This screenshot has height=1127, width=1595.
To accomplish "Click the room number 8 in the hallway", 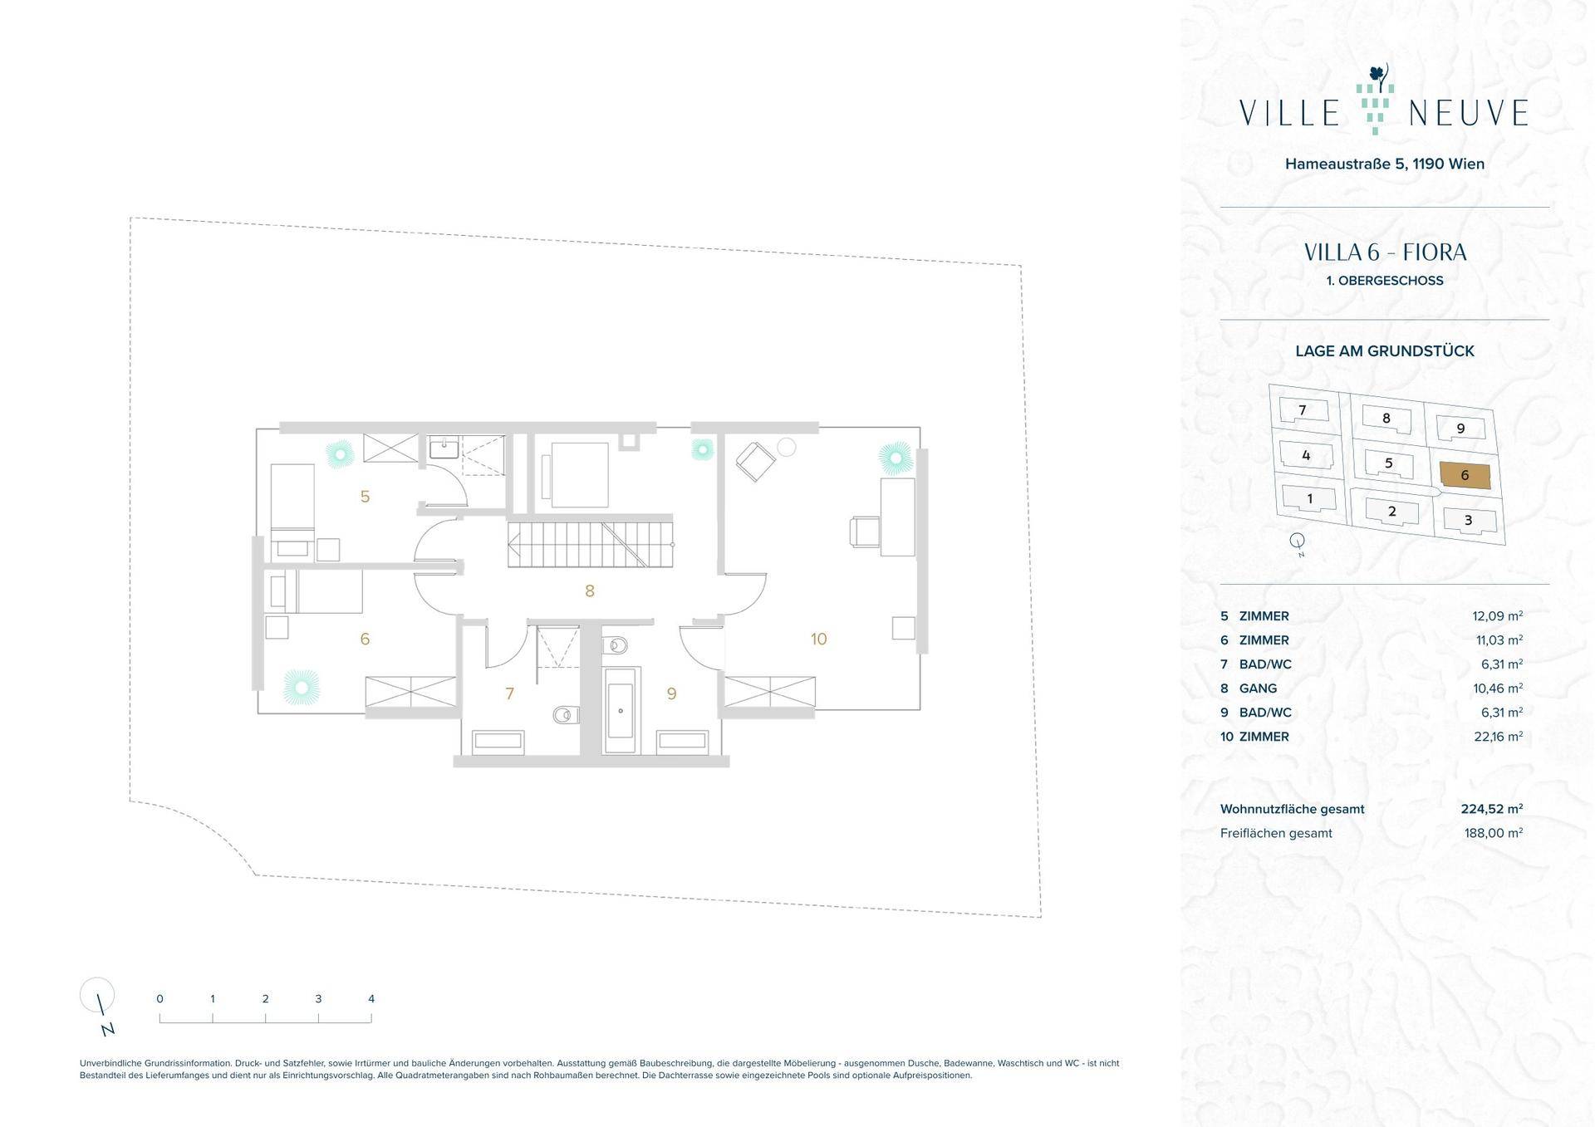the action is coord(590,591).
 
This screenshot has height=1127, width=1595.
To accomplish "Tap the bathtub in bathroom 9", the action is coord(621,710).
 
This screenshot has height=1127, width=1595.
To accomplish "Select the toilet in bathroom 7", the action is coord(565,714).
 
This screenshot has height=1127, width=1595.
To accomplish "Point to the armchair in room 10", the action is coord(754,462).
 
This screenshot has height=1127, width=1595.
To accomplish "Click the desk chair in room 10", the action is coord(864,532).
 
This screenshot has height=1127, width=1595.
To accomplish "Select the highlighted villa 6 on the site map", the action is coord(1465,475).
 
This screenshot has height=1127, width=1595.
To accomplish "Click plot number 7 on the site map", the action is coord(1303,409).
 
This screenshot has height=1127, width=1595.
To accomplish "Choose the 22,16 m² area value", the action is coord(1498,737).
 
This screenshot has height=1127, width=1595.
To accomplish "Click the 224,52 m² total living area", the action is coord(1492,809).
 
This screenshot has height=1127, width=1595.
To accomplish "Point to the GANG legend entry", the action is coord(1258,688).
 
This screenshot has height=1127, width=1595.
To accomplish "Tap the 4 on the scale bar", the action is coord(371,999).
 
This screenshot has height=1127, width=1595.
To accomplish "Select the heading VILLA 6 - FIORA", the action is coord(1385,252).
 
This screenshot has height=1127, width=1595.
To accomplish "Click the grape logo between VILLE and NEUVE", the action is coord(1375,100).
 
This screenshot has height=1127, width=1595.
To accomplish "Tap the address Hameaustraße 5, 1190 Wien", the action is coord(1385,164).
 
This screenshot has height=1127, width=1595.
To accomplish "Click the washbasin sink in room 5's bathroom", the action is coord(444,448).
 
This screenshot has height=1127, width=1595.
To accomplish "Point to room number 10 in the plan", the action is coord(819,639).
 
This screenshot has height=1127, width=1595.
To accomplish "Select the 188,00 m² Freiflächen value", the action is coord(1494,833).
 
